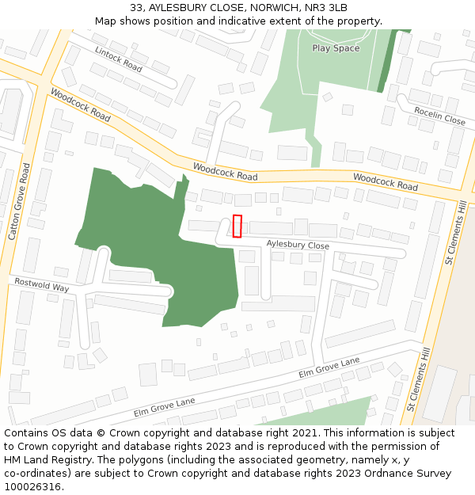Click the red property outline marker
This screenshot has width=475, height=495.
pyautogui.click(x=237, y=226)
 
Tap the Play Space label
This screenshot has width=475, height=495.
pyautogui.click(x=336, y=48)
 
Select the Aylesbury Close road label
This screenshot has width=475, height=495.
pyautogui.click(x=298, y=246)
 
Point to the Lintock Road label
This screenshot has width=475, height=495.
pyautogui.click(x=118, y=59)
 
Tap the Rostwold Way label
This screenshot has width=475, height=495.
pyautogui.click(x=41, y=285)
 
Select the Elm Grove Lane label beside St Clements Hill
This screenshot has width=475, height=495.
pyautogui.click(x=329, y=367)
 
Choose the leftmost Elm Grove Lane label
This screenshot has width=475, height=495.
pyautogui.click(x=164, y=407)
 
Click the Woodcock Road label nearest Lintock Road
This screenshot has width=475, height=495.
pyautogui.click(x=80, y=104)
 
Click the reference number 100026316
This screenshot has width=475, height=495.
pyautogui.click(x=32, y=486)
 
